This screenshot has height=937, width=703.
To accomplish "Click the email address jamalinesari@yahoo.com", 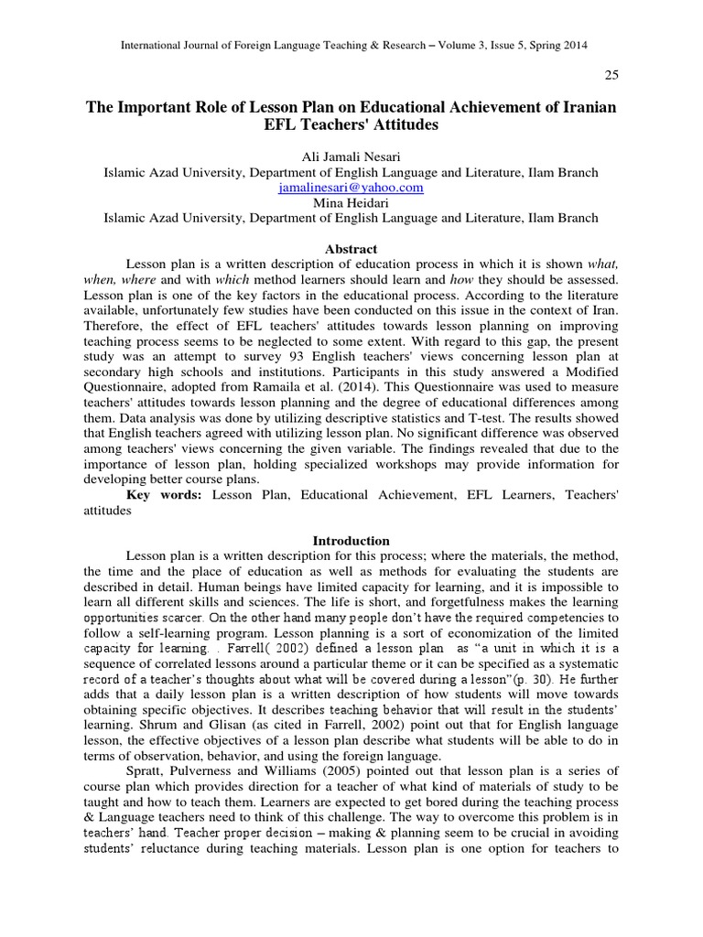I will click(x=351, y=187).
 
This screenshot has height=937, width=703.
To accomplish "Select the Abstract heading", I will click(x=351, y=249).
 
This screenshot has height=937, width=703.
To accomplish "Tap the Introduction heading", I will click(x=351, y=541).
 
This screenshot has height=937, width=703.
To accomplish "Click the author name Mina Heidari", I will click(x=351, y=202).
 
